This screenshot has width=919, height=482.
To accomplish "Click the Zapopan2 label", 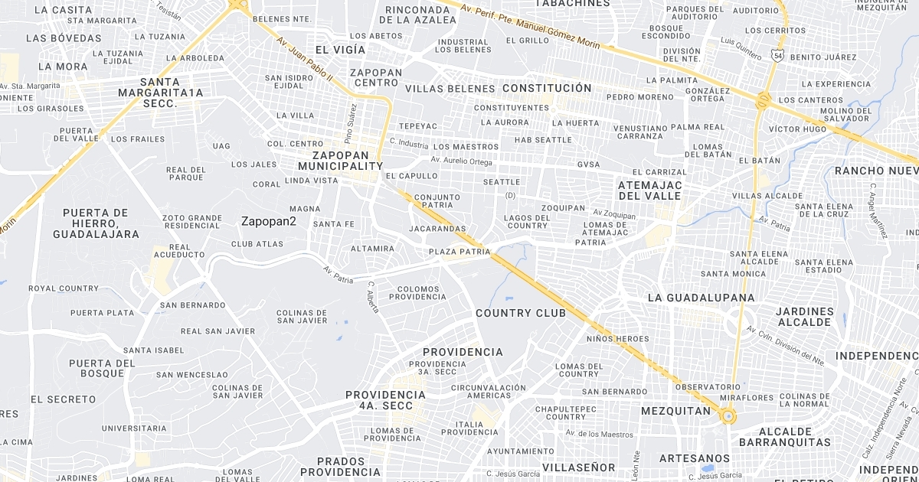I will [x=268, y=221].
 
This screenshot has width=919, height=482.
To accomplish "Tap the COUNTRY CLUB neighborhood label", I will [x=521, y=313].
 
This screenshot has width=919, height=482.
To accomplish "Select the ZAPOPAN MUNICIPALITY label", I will [x=340, y=160].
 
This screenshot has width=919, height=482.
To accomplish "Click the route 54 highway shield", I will [x=778, y=56].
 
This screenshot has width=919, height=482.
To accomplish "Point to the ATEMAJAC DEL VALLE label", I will [x=649, y=191].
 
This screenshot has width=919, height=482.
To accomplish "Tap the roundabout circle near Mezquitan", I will [x=727, y=417].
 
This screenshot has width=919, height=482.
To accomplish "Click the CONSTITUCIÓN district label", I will [x=547, y=88].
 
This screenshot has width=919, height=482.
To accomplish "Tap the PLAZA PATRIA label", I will [x=459, y=251].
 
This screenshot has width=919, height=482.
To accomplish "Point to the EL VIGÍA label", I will [x=340, y=50].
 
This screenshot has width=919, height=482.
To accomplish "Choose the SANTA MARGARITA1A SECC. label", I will [x=161, y=93].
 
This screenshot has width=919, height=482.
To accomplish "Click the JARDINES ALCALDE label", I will [x=804, y=317].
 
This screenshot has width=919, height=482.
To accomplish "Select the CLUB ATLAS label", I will [x=257, y=244].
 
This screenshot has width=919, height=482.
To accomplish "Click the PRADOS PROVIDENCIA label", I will [x=340, y=466].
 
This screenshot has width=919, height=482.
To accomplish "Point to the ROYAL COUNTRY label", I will [x=64, y=288].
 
